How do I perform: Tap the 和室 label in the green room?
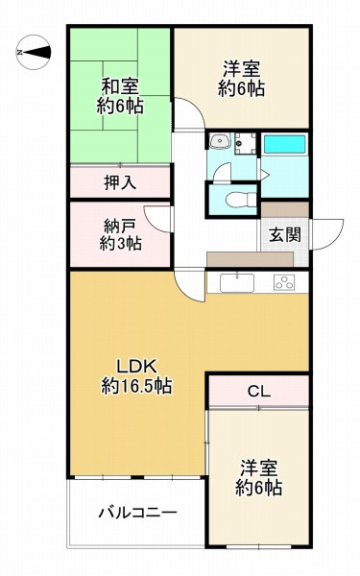tap(120, 84)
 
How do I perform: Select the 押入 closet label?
tap(120, 180)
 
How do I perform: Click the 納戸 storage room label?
tap(120, 226)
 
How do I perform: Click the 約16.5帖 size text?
tap(136, 386)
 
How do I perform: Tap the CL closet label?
tap(258, 392)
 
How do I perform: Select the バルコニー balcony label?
tap(136, 513)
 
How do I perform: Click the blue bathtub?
tap(283, 145)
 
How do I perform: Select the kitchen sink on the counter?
tap(236, 282)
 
